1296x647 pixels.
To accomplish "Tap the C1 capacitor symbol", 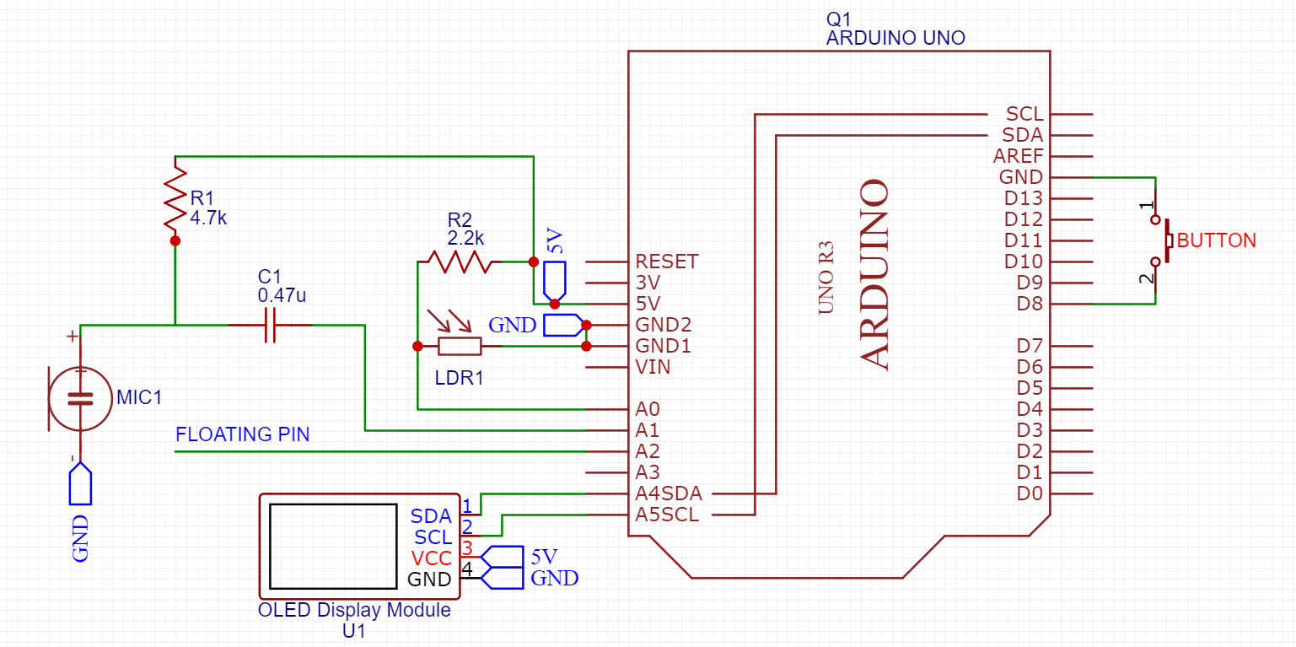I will click(270, 325).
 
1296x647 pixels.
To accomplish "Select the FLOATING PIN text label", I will click(242, 434).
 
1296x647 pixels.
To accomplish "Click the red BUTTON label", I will click(1216, 240).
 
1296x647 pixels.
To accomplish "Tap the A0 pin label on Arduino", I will click(648, 409).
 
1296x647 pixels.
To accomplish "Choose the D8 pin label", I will click(1030, 304).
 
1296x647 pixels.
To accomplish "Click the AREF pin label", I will click(1018, 156).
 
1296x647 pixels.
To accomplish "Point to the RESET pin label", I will click(667, 261).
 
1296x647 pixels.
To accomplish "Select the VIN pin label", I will click(653, 367).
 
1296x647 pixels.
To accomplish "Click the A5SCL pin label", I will click(667, 515).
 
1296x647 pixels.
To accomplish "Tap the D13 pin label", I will click(1024, 198).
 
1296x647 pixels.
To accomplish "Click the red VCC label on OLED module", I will click(431, 558).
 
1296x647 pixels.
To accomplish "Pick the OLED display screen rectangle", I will click(333, 546).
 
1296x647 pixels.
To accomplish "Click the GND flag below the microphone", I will click(80, 487).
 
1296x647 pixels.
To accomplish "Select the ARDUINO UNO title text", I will click(895, 38).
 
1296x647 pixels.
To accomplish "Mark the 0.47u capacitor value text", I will click(282, 295).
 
